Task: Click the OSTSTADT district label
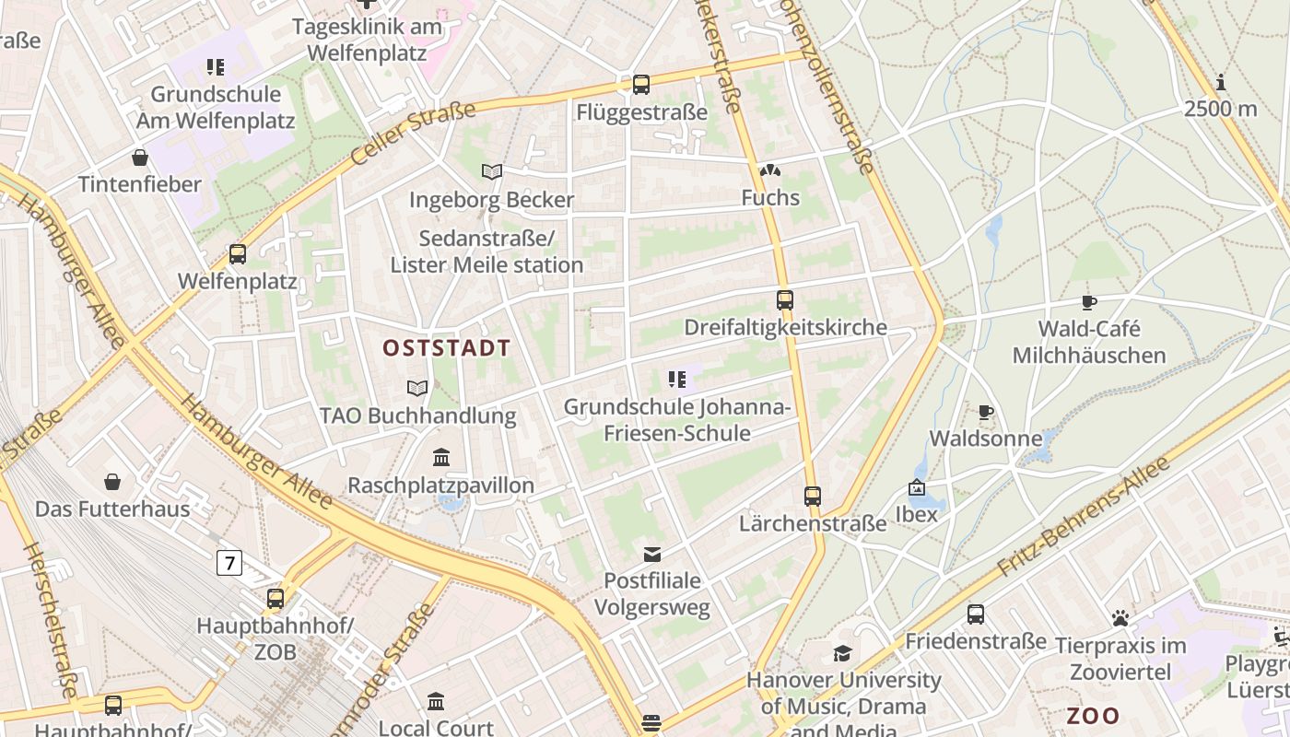click(446, 348)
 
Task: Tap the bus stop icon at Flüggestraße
click(641, 85)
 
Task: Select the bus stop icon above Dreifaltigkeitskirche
click(785, 300)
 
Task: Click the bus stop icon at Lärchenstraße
click(812, 497)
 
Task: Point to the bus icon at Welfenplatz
click(238, 254)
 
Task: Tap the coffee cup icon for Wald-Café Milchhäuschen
click(1089, 302)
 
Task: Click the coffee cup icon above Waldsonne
click(986, 412)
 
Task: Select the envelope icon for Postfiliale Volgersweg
click(652, 554)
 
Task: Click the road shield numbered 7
click(229, 562)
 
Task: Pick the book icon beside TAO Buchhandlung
click(417, 389)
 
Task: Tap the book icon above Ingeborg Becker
click(492, 171)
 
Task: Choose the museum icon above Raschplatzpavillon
click(441, 457)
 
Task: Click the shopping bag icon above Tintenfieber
click(140, 158)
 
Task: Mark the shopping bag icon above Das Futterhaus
click(112, 482)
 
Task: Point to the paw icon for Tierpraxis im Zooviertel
click(1120, 618)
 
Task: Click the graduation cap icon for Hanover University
click(842, 654)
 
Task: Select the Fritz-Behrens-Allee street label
click(1084, 516)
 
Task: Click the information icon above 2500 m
click(1221, 82)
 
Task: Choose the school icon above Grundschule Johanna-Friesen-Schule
click(677, 380)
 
